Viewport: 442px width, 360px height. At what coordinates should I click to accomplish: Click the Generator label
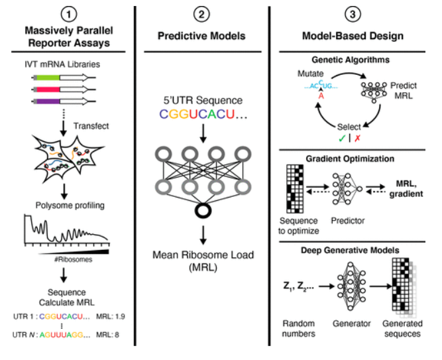[350, 325]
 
